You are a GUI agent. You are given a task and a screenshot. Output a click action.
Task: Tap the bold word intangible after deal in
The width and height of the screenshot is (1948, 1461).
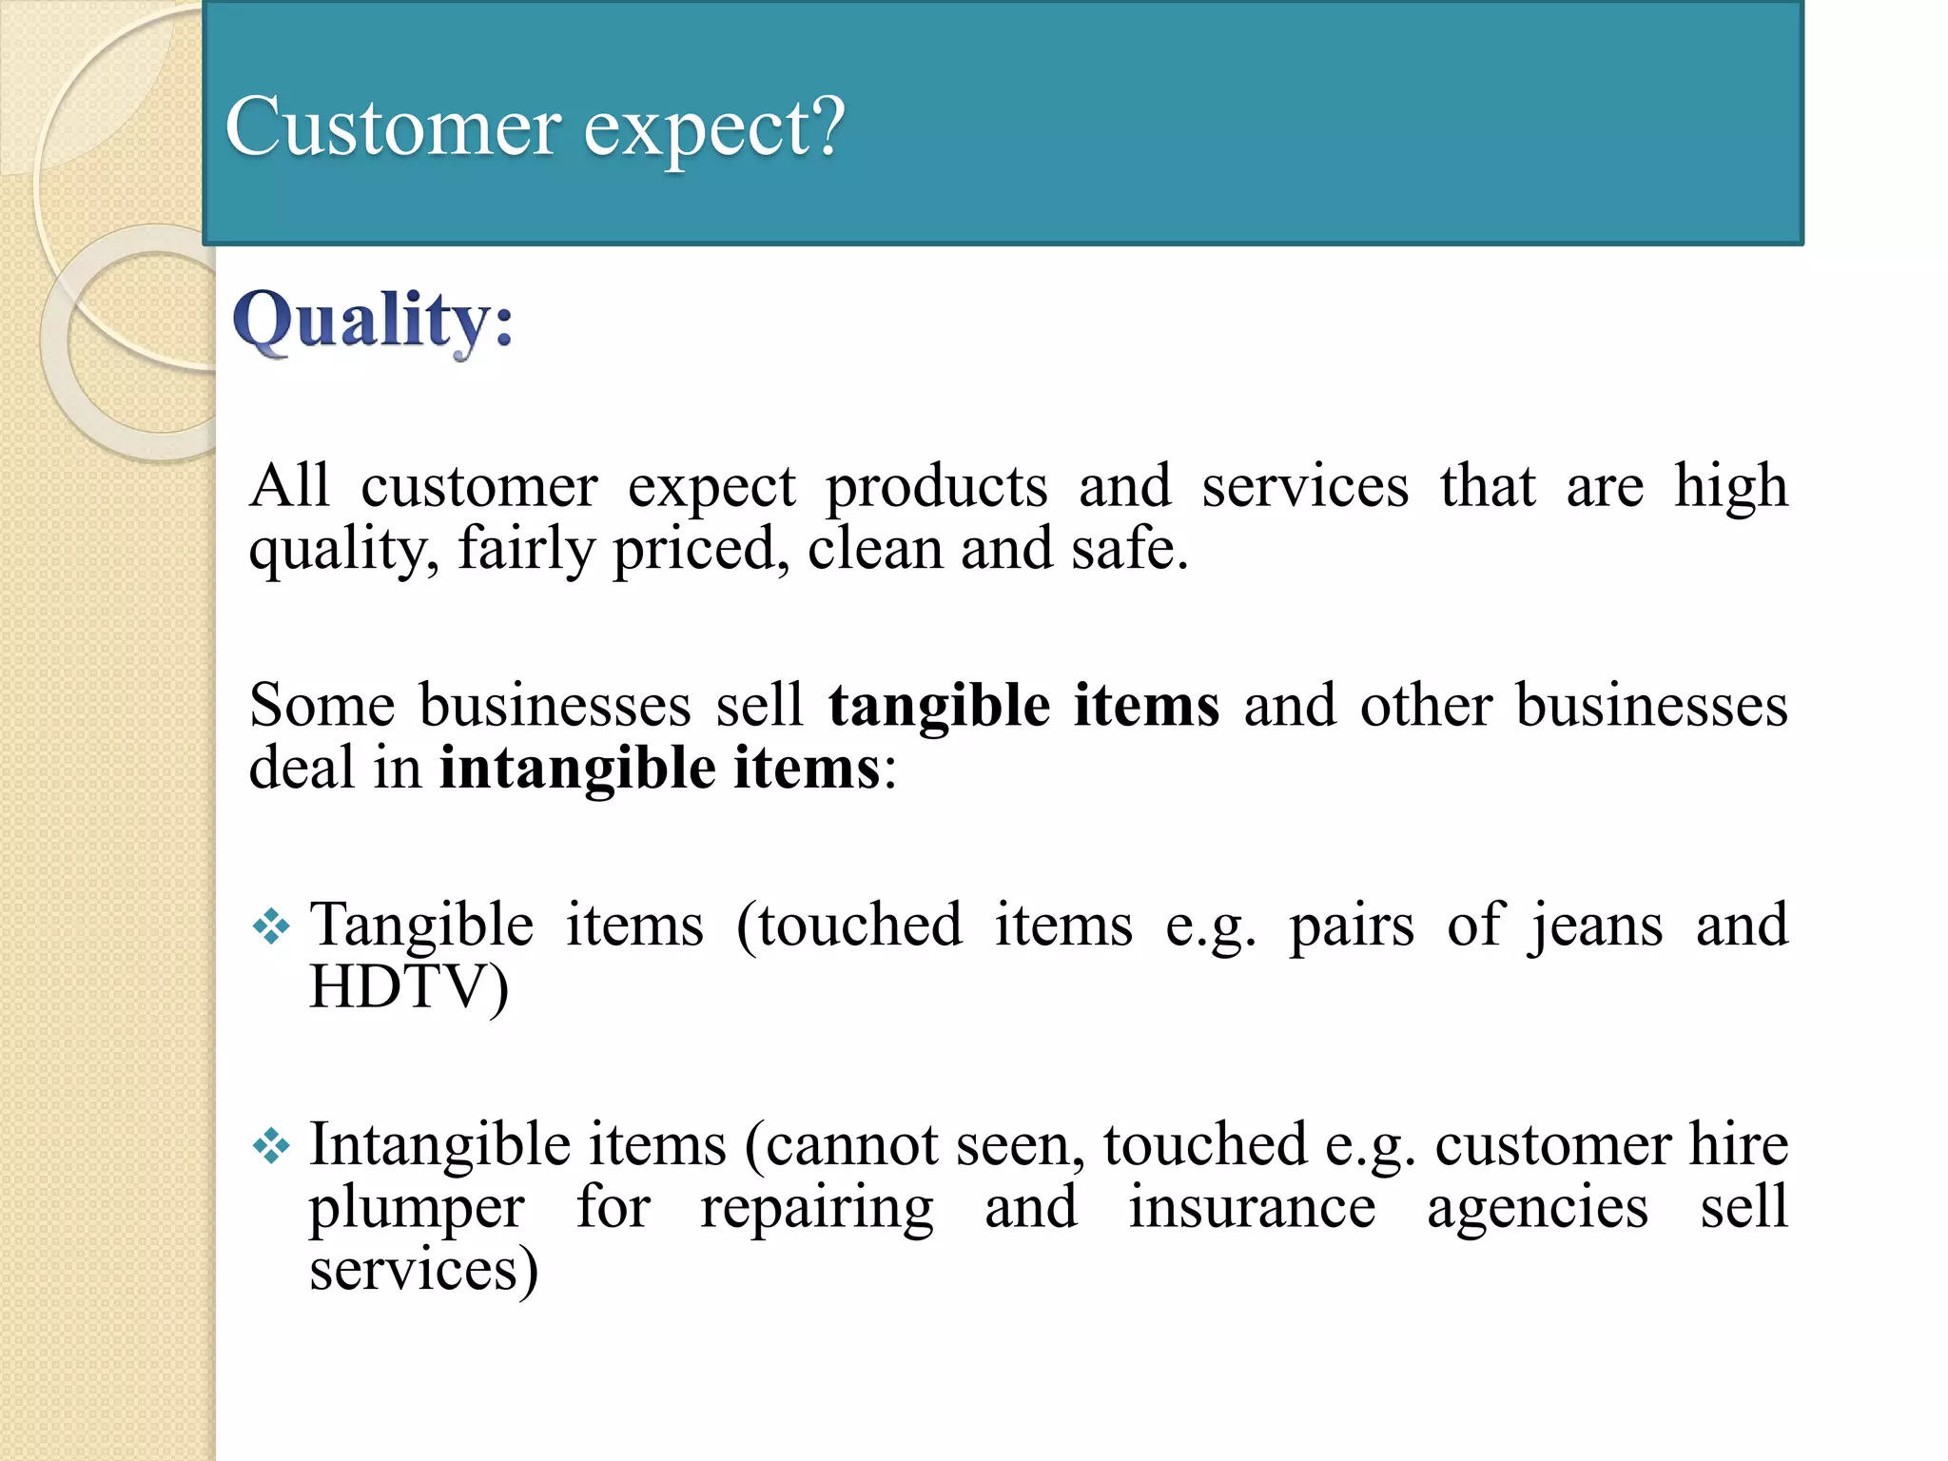point(576,769)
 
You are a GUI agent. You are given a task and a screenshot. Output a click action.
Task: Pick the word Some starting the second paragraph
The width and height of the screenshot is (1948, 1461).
point(321,706)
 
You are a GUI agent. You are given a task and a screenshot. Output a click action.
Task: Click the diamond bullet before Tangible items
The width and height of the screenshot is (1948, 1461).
point(271,926)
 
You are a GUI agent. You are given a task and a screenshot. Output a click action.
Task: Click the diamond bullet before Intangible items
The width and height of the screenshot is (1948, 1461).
point(271,1145)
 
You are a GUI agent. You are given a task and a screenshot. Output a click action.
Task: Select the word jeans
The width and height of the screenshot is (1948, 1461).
point(1596,926)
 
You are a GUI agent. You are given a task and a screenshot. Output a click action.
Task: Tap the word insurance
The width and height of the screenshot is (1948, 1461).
point(1252,1208)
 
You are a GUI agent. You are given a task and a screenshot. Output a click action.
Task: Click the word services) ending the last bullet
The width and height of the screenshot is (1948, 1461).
point(423,1271)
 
